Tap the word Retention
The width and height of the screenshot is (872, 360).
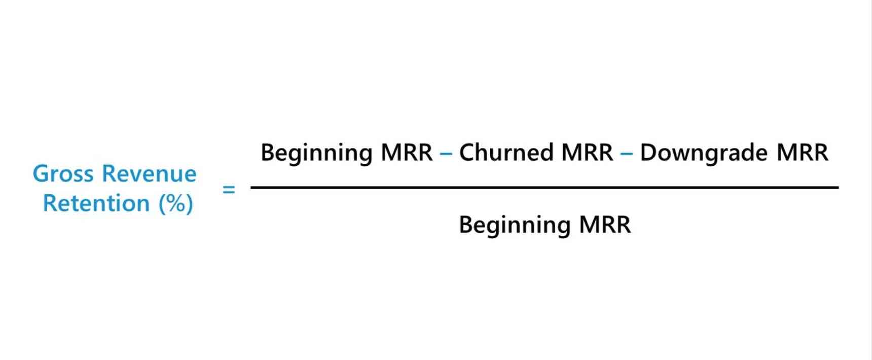click(x=96, y=203)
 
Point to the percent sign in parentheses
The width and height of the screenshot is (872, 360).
click(x=176, y=204)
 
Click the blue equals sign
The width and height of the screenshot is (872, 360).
click(x=229, y=190)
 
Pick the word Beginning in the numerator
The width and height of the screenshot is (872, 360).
click(x=317, y=153)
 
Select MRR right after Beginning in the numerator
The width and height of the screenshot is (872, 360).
click(x=407, y=153)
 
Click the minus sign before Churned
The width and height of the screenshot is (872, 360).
click(x=446, y=153)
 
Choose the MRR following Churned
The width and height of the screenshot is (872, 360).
click(x=587, y=153)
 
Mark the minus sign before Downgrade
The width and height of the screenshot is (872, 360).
click(x=627, y=153)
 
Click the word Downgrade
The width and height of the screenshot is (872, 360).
click(x=704, y=153)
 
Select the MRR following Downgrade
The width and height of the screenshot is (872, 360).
click(x=803, y=153)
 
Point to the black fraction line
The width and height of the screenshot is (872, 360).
click(x=545, y=188)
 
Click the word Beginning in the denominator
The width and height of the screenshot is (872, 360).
click(x=515, y=225)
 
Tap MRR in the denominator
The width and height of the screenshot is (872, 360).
click(x=605, y=225)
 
